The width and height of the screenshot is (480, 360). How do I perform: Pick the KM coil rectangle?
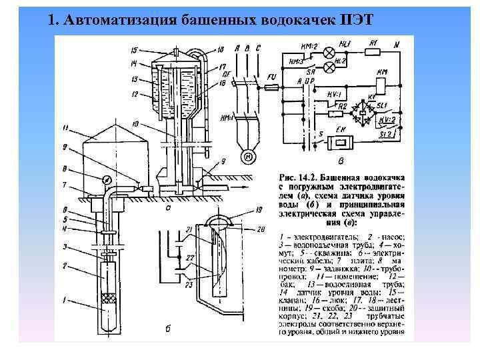tap(381, 85)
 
